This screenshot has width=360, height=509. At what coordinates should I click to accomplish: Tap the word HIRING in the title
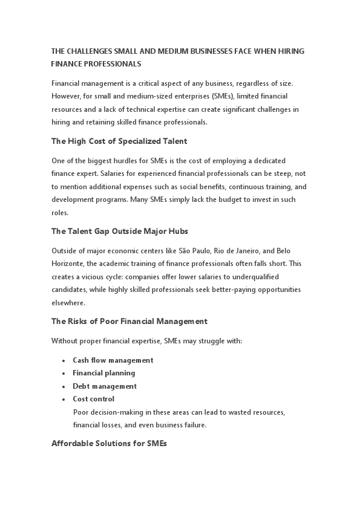click(x=292, y=51)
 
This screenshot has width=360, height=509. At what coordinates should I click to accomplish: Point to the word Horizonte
click(x=69, y=264)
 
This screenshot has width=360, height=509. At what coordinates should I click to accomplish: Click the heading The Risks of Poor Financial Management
click(x=129, y=322)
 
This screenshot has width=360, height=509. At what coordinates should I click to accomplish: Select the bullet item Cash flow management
click(x=113, y=360)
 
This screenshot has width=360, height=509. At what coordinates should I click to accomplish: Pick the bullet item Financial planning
click(x=104, y=373)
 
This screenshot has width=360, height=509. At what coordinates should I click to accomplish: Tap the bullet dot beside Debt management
click(x=64, y=386)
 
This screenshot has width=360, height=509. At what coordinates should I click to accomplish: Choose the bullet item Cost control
click(x=93, y=399)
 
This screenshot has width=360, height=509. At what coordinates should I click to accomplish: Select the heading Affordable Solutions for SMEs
click(x=109, y=444)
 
